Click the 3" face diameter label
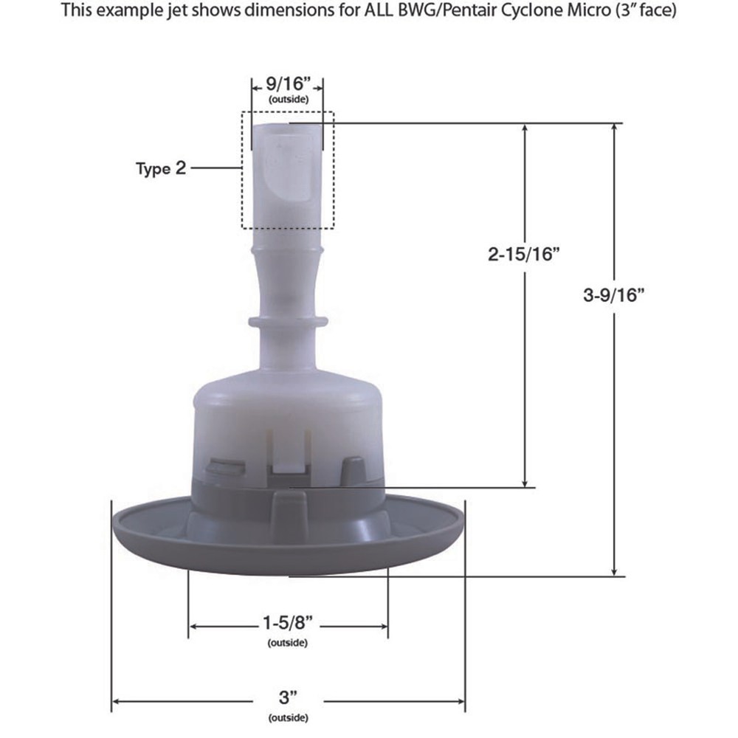(x=288, y=698)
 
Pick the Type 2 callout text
(x=161, y=168)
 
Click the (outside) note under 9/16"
(x=287, y=99)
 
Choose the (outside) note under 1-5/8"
(x=288, y=642)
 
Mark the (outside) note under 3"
(x=288, y=717)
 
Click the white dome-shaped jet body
(x=288, y=413)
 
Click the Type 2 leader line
(x=215, y=168)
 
